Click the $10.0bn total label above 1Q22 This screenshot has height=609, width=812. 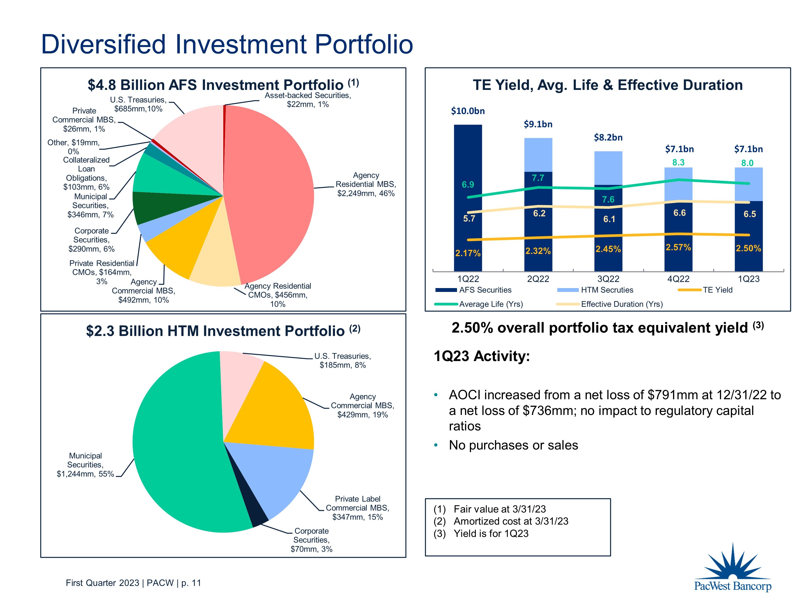(468, 111)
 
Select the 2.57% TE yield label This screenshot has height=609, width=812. (678, 247)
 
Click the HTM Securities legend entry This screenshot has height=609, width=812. (606, 290)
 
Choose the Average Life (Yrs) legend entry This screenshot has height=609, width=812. (490, 304)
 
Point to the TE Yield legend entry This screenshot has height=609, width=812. (717, 290)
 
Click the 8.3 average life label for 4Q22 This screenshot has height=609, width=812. (678, 162)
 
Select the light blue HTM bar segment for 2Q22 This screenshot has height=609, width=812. (538, 154)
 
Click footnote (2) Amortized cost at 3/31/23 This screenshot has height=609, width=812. (510, 521)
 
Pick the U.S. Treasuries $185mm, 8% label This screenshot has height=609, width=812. (342, 361)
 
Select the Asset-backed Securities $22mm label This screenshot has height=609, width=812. (308, 100)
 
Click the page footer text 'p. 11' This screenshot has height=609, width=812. (191, 583)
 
